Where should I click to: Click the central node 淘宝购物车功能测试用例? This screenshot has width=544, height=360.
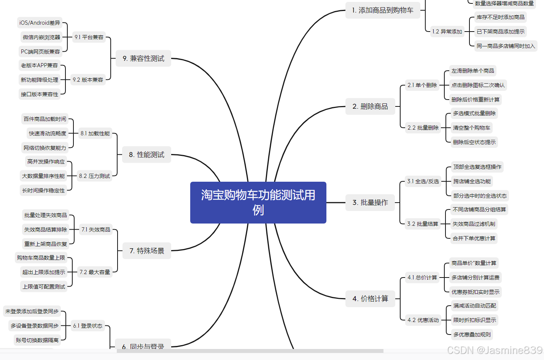(x=258, y=202)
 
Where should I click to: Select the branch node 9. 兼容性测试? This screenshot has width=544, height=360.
(x=143, y=59)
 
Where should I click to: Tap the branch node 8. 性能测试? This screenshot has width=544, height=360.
(x=146, y=155)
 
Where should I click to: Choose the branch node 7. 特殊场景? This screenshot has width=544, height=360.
(x=146, y=251)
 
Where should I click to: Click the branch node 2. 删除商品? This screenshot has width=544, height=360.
(x=370, y=106)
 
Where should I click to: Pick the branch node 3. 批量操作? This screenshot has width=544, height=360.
(x=370, y=203)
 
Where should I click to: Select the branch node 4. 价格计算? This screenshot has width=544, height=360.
(x=370, y=299)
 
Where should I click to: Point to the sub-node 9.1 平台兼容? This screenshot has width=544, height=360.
(x=89, y=37)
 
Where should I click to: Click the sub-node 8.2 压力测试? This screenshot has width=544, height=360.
(x=94, y=176)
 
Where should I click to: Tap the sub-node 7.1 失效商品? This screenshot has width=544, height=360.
(x=96, y=230)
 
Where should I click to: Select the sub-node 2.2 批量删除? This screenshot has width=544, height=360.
(x=423, y=128)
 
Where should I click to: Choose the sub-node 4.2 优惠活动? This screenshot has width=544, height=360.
(x=423, y=320)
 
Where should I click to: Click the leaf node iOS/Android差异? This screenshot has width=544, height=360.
(x=40, y=23)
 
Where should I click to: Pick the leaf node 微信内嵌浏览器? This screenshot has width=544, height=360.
(x=41, y=37)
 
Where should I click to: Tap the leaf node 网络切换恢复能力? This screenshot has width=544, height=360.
(x=45, y=148)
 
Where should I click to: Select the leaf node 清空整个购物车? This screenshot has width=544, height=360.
(x=472, y=128)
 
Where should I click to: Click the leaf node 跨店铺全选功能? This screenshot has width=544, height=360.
(x=472, y=181)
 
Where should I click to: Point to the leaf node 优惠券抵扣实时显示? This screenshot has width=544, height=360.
(x=476, y=292)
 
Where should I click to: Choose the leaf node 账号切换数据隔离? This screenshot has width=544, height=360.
(x=37, y=340)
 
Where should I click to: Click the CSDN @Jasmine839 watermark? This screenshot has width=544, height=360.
(x=495, y=350)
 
